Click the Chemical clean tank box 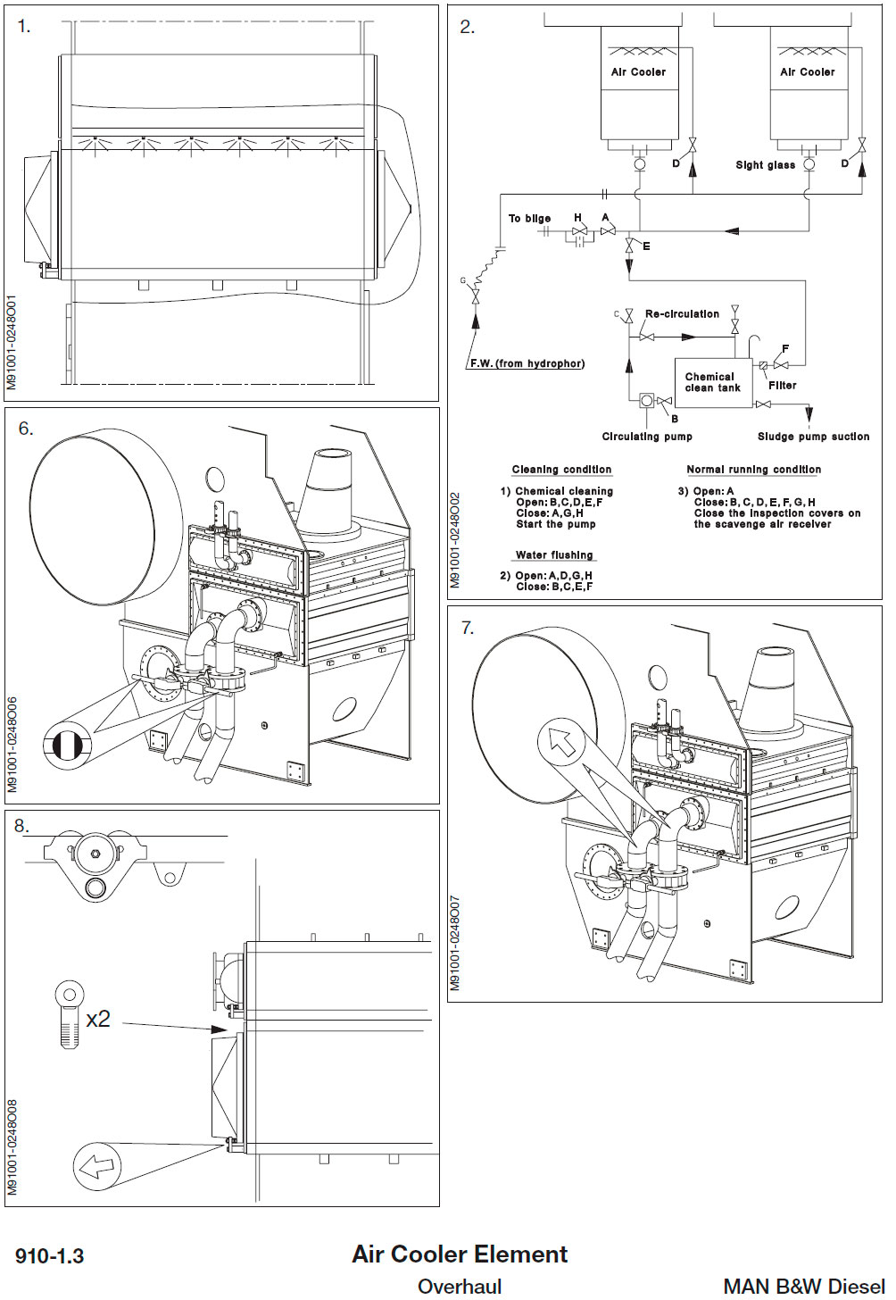click(713, 383)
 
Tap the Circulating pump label click(647, 437)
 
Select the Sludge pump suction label click(813, 437)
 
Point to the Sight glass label click(765, 165)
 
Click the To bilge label click(529, 219)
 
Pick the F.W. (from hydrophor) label click(527, 363)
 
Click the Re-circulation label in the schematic click(682, 314)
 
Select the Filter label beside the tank click(782, 386)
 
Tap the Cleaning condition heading click(561, 470)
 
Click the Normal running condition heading click(753, 470)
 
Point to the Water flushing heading click(553, 555)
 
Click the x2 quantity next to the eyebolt click(98, 1019)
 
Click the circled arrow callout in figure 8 click(96, 1166)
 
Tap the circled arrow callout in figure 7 click(561, 741)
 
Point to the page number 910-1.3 click(50, 1256)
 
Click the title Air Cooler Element click(460, 1254)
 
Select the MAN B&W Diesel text click(803, 1287)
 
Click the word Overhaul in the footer click(460, 1287)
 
